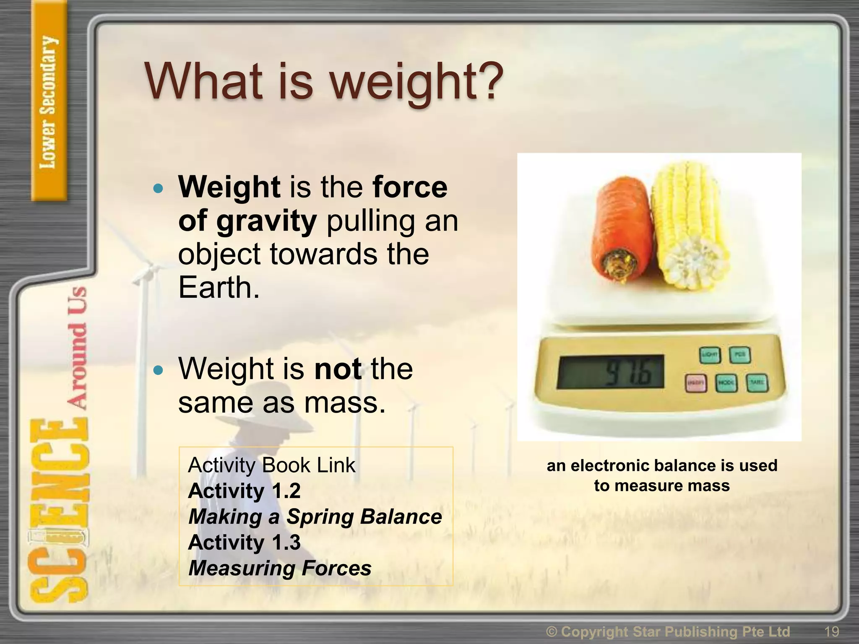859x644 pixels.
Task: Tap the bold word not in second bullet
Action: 338,369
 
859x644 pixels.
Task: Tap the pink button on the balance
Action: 696,383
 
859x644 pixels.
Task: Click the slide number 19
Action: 831,631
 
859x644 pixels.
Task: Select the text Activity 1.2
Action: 245,491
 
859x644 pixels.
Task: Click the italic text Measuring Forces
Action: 280,569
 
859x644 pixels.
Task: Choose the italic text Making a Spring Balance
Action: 315,517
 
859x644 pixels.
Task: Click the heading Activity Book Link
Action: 271,465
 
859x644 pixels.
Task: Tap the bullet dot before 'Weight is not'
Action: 158,370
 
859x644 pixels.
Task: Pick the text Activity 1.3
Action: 245,543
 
